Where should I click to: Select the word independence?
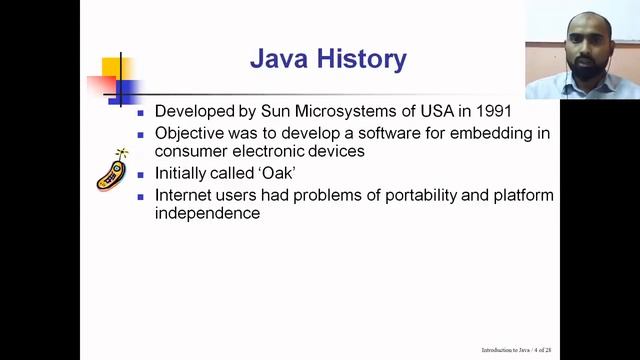[x=208, y=214]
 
